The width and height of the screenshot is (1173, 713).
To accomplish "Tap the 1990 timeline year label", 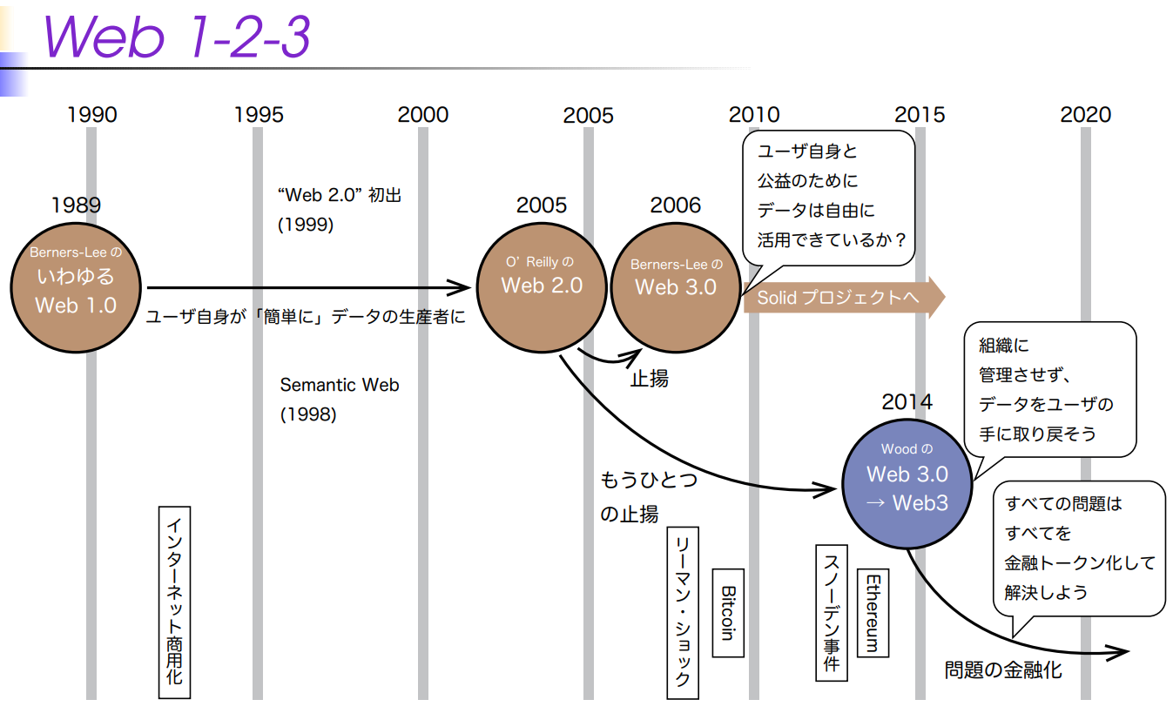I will click(91, 115).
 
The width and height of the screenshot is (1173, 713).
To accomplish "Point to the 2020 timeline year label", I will click(1085, 115).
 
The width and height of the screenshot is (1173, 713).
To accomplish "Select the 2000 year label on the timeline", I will click(422, 115).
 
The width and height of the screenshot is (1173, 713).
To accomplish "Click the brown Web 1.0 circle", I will click(76, 279).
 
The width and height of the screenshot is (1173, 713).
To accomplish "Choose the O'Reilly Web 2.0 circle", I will click(542, 286).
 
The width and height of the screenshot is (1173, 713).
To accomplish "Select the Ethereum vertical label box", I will click(872, 613).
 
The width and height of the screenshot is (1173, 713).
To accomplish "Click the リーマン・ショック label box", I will click(683, 612).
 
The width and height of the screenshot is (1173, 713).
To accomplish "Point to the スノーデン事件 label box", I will click(831, 612).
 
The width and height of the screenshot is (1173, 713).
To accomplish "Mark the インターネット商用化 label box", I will click(174, 602).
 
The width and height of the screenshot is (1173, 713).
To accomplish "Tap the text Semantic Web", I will click(340, 385).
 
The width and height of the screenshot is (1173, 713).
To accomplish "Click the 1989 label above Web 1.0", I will click(76, 205).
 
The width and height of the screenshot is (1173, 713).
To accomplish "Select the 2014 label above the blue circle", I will click(907, 402).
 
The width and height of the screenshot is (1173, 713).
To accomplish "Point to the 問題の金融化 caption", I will click(1003, 670).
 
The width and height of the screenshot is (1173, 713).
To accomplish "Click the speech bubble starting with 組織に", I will click(1048, 389).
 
